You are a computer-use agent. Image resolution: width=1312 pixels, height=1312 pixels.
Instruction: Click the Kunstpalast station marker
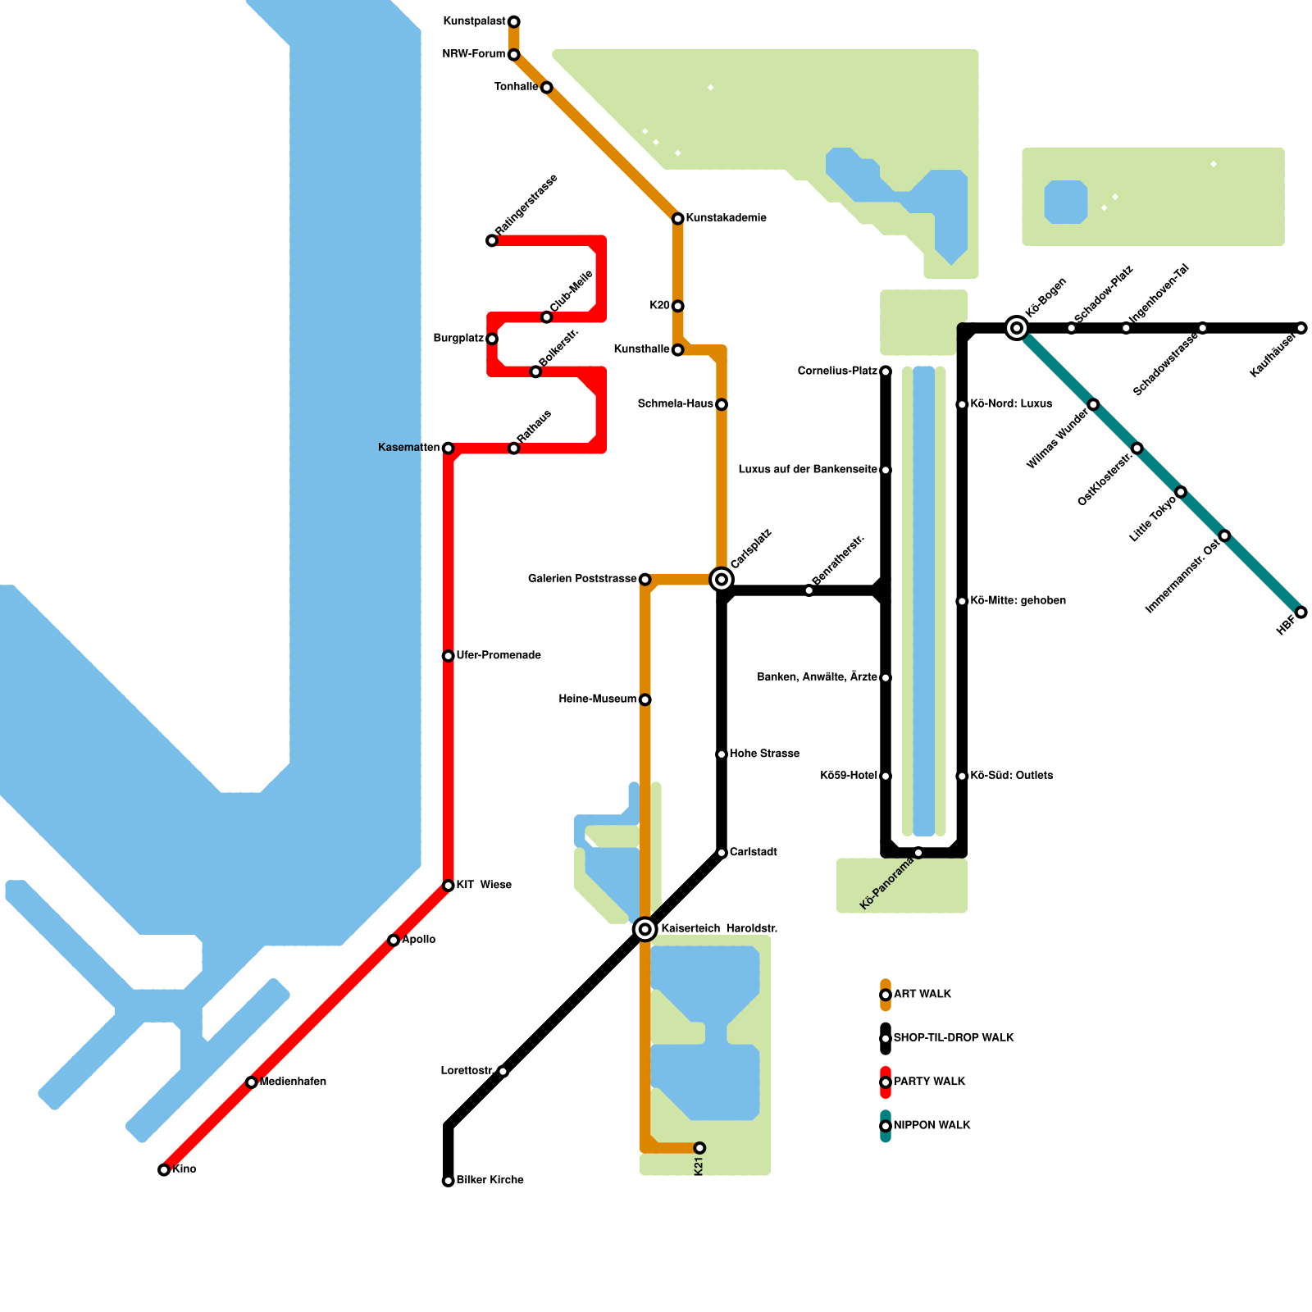coord(513,21)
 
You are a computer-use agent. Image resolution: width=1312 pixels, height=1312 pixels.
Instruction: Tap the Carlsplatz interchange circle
coord(722,580)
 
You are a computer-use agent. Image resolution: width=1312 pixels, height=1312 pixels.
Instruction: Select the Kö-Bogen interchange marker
coord(1017,328)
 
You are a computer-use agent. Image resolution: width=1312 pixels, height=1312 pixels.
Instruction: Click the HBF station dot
coord(1301,613)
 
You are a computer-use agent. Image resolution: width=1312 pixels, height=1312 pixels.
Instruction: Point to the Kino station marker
coord(164,1170)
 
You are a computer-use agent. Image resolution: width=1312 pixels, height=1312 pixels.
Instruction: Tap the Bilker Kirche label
coord(490,1181)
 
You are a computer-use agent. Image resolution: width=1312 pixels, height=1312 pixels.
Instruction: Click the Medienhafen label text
coord(293,1082)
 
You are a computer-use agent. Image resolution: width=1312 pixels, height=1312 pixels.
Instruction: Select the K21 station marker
coord(699,1148)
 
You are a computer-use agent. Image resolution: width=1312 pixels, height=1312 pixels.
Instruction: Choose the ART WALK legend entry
coord(922,995)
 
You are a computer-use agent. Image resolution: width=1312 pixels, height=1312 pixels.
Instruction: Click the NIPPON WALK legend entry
coord(932,1126)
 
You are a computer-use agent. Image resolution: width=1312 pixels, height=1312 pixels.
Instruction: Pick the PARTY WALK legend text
coord(929,1082)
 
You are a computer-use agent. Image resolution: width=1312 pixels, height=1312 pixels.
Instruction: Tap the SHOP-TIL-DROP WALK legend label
coord(954,1038)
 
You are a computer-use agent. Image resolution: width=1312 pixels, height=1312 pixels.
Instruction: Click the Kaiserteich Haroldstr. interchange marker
coord(645,929)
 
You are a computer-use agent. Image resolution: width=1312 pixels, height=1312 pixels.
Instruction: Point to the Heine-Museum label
coord(597,699)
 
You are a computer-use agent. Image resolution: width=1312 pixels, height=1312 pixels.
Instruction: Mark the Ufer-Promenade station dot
coord(448,656)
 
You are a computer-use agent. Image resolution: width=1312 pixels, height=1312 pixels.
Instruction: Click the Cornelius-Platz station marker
coord(886,371)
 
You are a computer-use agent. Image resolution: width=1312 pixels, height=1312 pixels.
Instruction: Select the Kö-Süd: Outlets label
coord(1011,776)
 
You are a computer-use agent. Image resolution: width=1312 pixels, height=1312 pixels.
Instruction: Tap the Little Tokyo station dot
coord(1181,492)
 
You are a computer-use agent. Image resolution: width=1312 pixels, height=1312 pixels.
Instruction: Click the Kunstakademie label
coord(726,218)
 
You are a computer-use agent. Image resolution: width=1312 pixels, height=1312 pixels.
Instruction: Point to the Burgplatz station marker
coord(492,339)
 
